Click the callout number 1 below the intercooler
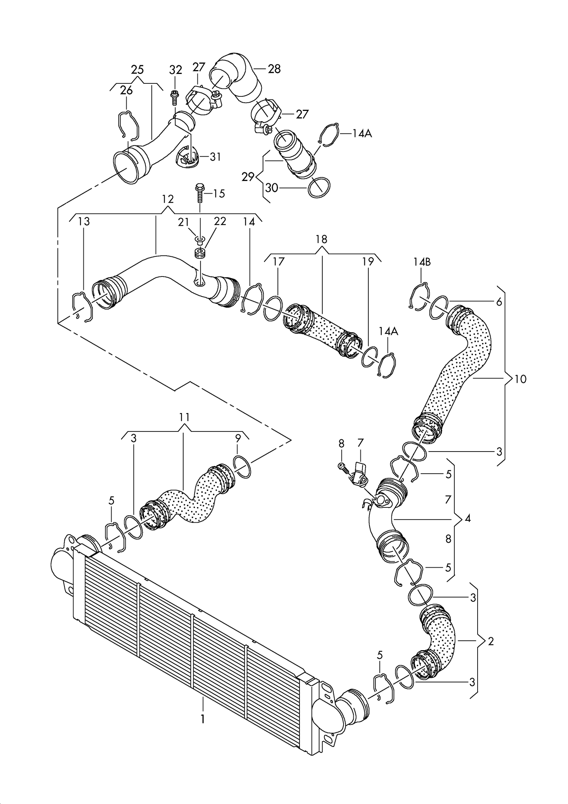202,719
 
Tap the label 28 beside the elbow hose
274,69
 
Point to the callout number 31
215,157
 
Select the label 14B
422,262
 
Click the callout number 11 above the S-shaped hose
185,417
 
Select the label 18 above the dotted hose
321,239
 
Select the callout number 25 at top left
137,70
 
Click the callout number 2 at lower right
491,641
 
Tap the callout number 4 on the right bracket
467,519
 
